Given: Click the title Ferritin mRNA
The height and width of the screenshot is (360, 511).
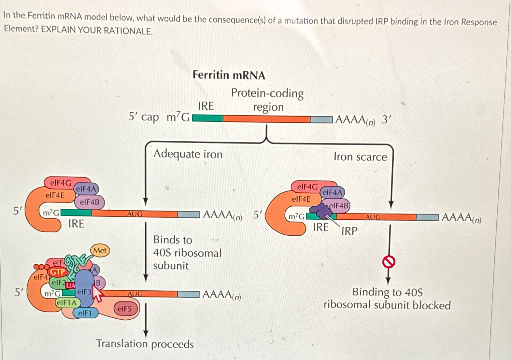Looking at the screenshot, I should coord(229,75).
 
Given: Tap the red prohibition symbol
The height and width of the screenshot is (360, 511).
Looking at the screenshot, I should coord(389,261).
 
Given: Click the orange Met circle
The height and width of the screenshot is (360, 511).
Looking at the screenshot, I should coord(100,250).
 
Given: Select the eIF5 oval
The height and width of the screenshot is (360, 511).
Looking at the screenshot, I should coord(124,309).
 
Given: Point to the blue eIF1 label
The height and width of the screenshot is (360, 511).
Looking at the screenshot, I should coord(85,313).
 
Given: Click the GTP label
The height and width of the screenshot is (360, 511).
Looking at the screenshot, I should coord(58,272).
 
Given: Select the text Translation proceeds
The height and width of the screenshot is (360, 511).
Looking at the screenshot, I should coord(145,344).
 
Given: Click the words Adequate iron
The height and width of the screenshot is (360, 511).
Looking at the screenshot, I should coord(188,154).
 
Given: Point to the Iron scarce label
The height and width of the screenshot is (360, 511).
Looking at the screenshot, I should coord(360,157).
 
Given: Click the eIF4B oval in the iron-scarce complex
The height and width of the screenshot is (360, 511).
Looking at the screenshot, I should coord(339,206).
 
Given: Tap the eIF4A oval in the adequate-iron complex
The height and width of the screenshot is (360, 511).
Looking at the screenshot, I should coord(86,189).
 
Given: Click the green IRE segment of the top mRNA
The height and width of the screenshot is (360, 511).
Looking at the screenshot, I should coord(208,118).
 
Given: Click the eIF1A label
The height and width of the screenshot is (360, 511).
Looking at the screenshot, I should coord(66,303).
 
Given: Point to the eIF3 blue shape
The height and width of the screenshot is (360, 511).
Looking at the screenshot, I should coord(84,288).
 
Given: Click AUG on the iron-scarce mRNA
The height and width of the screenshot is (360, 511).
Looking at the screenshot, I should coord(373,217).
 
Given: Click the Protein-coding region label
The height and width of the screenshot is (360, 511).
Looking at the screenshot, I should coord(267,100).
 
